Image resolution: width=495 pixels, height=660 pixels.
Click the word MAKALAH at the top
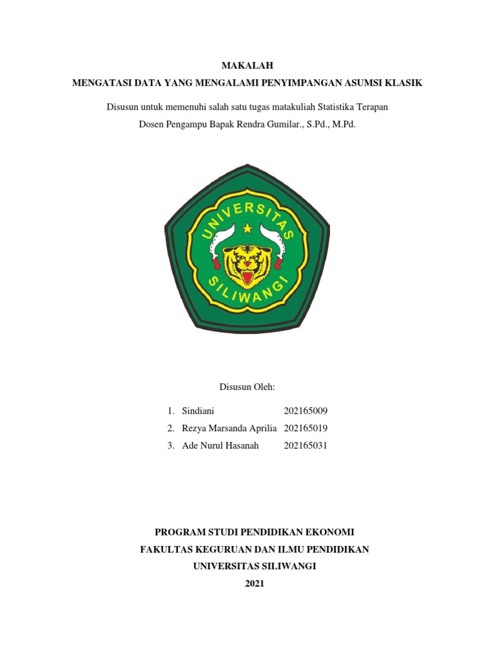point(247,65)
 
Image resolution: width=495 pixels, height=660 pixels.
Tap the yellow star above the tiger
point(247,228)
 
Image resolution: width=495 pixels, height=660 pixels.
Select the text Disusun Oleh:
point(247,387)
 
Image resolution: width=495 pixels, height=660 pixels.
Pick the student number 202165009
point(306,411)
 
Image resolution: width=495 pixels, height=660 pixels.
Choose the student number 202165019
point(306,429)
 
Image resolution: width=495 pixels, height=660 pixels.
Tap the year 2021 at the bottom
point(247,584)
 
